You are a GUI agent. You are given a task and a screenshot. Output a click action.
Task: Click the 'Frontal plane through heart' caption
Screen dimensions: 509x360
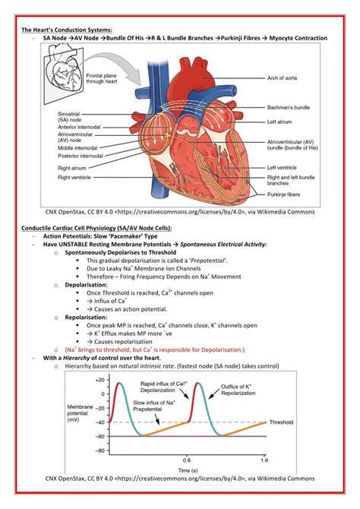tap(106, 79)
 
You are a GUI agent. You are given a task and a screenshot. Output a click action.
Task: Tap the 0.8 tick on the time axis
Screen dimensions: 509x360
tap(187, 460)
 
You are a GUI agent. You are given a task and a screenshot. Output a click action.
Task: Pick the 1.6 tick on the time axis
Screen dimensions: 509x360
tap(264, 460)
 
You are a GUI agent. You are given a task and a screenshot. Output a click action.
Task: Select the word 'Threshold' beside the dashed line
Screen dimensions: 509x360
tap(286, 422)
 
